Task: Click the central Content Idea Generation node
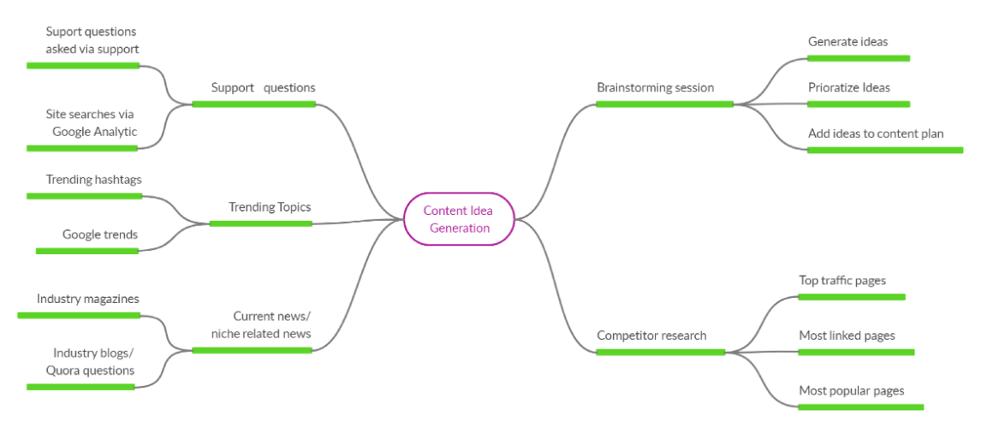(x=459, y=219)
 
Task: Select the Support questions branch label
(x=263, y=87)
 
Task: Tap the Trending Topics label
(x=270, y=207)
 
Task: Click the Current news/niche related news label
(x=261, y=325)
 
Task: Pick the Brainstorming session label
(x=655, y=87)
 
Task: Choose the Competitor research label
(x=651, y=336)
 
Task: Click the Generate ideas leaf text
(x=847, y=41)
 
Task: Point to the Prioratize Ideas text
(x=848, y=87)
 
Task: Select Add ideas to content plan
(x=876, y=134)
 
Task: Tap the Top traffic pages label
(x=842, y=280)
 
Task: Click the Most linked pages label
(x=847, y=336)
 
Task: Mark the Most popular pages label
(x=851, y=390)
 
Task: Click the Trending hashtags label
(x=93, y=180)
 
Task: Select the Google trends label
(x=99, y=235)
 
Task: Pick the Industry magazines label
(x=87, y=299)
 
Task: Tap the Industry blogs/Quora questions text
(x=92, y=362)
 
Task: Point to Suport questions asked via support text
(x=92, y=40)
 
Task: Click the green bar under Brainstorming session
(x=664, y=104)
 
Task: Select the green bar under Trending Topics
(x=260, y=223)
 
